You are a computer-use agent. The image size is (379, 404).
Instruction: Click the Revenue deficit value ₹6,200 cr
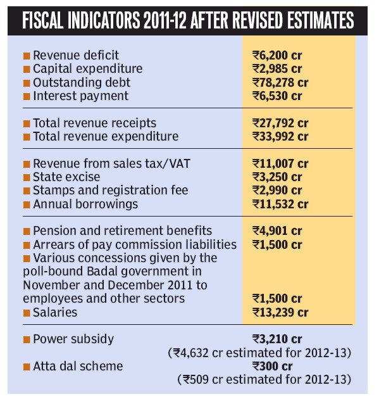pos(277,55)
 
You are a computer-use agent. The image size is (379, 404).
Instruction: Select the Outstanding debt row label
pos(82,83)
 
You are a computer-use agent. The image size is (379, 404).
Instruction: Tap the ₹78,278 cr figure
pos(280,83)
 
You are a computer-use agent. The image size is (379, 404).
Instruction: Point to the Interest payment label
pos(80,96)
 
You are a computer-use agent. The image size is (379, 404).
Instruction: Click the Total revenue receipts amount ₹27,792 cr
pos(280,123)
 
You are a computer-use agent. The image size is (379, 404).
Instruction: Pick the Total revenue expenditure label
pos(106,137)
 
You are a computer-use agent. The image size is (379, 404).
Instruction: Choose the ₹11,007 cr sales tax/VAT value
pos(280,163)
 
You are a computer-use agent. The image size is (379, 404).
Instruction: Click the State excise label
pos(66,177)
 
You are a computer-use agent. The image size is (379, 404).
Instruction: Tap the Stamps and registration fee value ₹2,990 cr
pos(277,191)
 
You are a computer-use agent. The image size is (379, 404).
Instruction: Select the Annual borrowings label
pos(85,204)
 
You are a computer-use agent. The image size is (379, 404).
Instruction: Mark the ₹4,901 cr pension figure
pos(277,231)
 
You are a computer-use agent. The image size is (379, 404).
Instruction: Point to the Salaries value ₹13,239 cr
pos(280,313)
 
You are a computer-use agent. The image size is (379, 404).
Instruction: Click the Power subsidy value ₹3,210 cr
pos(277,339)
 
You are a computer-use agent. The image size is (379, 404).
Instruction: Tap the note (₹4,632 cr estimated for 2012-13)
pos(259,353)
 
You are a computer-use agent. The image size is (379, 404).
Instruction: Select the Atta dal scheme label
pos(78,366)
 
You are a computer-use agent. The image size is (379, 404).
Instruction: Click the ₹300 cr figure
pos(273,366)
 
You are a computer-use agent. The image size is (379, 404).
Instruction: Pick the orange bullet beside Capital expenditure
pos(27,69)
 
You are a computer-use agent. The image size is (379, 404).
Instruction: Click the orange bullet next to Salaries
pos(27,313)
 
